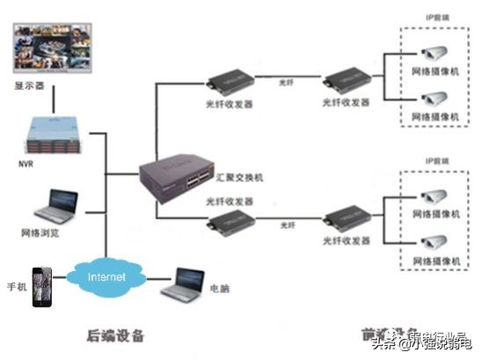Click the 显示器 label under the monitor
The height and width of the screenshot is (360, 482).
tap(28, 87)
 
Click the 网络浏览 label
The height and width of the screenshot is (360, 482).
tap(40, 235)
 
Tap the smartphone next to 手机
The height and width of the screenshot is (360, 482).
tap(40, 287)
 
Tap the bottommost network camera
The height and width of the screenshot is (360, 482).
tap(432, 242)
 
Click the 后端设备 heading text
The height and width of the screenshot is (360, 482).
tap(115, 335)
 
